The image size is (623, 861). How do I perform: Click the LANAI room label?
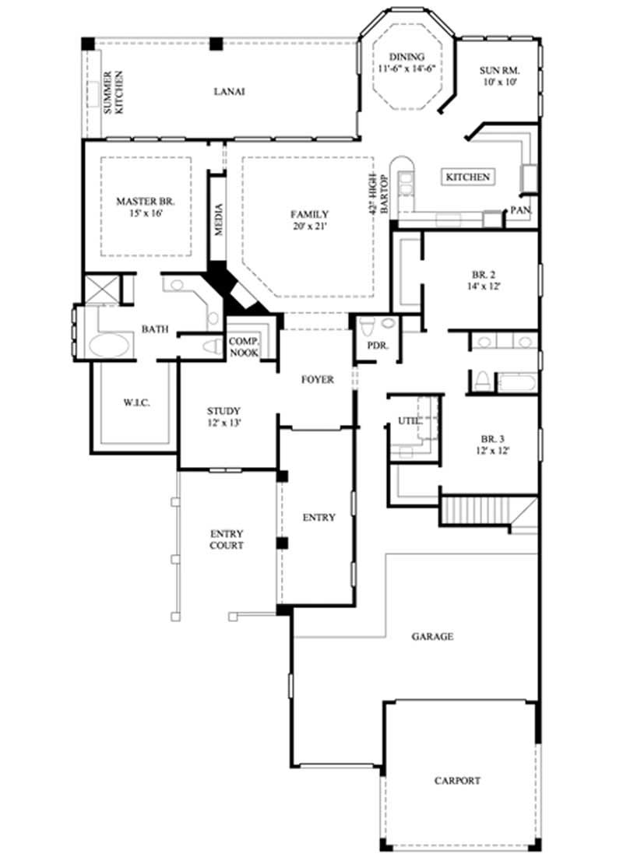230,91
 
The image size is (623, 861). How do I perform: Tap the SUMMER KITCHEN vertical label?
114,93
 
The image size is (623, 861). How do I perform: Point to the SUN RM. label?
499,70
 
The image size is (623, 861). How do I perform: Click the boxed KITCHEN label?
468,177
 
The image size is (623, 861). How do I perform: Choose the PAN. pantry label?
520,210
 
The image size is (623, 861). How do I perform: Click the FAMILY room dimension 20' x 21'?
309,227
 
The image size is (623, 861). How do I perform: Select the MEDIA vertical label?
219,220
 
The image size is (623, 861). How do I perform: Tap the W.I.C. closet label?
136,402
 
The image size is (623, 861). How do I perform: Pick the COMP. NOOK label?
244,347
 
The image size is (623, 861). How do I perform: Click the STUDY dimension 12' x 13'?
224,423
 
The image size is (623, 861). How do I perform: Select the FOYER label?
318,380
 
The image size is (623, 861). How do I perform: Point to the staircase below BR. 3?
477,511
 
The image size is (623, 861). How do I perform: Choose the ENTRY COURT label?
227,539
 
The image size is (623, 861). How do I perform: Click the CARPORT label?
458,781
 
